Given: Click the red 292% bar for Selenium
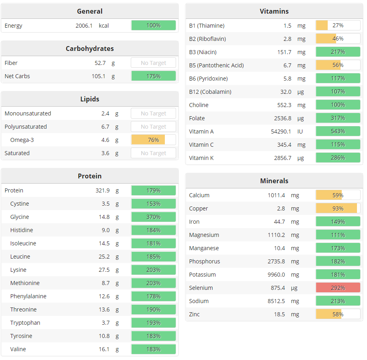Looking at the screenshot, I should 338,288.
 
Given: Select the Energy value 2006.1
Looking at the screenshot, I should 84,26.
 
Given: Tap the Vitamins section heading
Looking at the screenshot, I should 274,11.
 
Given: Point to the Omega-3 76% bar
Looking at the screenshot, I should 153,140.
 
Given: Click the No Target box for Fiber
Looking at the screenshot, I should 153,63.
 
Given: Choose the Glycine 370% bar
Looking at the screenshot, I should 153,217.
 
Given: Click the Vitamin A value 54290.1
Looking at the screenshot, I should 281,131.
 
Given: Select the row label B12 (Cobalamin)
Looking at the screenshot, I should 210,92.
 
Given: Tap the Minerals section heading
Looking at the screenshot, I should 274,181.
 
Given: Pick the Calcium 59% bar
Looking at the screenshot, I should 338,195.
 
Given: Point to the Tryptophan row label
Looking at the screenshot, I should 25,323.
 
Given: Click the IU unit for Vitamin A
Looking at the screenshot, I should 300,131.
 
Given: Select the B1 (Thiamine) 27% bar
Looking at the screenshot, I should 338,26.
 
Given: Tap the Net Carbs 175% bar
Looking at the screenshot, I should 153,76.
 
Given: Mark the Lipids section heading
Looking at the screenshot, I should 89,99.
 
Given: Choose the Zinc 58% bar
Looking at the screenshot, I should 338,314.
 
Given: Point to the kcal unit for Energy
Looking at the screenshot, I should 104,26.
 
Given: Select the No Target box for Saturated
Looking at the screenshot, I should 153,153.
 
